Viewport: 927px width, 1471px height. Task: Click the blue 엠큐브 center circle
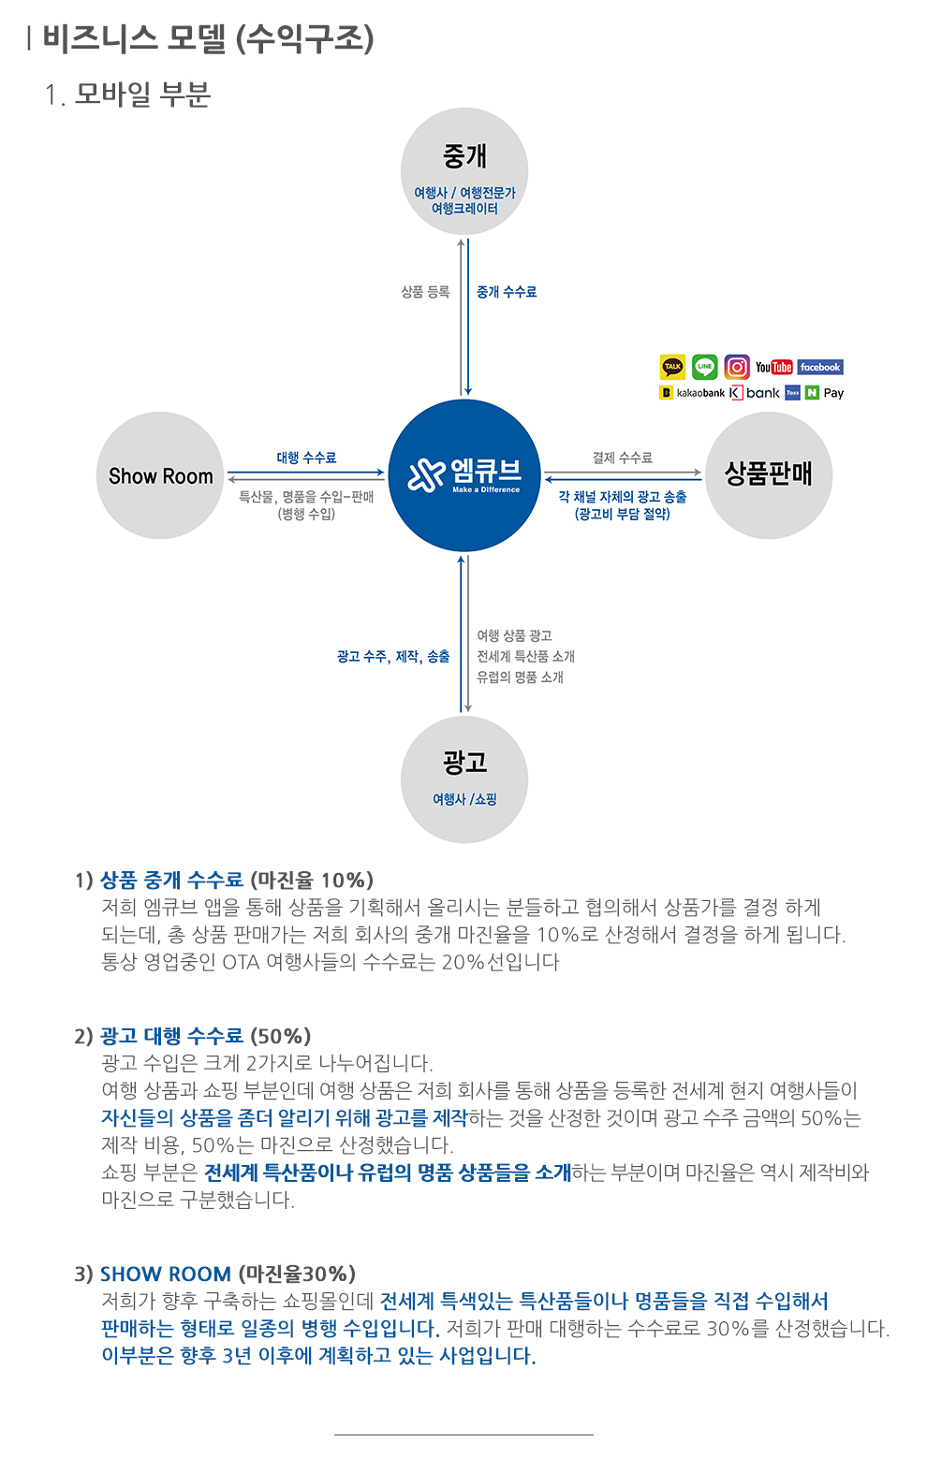[463, 474]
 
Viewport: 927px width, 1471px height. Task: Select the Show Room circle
[160, 475]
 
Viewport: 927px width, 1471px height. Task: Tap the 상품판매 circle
[768, 475]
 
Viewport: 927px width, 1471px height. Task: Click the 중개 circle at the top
[463, 171]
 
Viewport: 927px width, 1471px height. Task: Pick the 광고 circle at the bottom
[463, 779]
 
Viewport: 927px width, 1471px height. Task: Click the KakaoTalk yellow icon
[672, 367]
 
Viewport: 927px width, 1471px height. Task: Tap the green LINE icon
[704, 367]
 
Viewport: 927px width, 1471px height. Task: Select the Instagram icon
[737, 367]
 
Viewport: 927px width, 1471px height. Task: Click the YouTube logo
[774, 367]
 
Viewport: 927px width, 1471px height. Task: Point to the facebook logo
[820, 367]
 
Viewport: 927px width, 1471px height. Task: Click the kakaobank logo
[692, 393]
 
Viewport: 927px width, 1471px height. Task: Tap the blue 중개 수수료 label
[507, 292]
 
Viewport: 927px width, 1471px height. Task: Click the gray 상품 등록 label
[426, 292]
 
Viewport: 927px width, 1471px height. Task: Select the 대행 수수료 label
[306, 458]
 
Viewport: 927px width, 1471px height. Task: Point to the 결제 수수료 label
[622, 458]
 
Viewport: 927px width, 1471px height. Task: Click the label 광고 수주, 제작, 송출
[393, 656]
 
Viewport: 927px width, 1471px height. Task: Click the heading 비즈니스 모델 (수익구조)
[208, 38]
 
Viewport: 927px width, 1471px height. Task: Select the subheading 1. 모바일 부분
[127, 94]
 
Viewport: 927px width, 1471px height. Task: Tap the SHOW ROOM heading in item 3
[166, 1274]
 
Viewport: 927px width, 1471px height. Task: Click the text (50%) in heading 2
[281, 1036]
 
